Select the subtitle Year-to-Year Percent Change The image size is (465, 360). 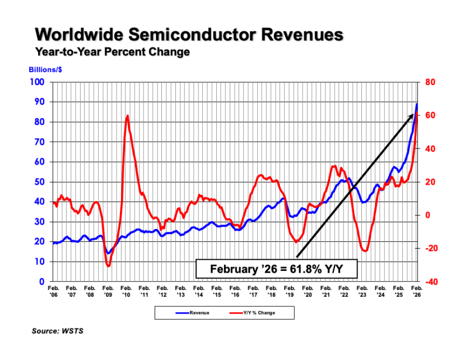coord(113,52)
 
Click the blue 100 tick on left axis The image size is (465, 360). coord(38,82)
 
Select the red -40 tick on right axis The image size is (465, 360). coord(430,282)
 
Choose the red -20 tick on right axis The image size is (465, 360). coord(430,249)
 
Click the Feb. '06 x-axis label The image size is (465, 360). coord(53,291)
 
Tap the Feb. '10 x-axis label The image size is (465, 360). coord(126,291)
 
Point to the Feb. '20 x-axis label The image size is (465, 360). coord(308,291)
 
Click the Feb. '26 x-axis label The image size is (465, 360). coord(417,291)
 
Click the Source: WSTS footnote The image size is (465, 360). coord(58,331)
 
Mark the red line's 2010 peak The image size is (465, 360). coord(128,116)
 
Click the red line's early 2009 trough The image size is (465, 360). coord(108,265)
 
